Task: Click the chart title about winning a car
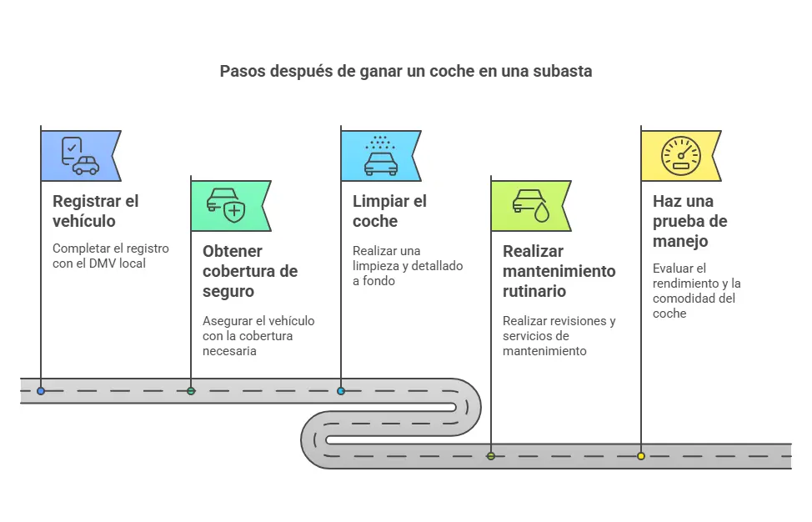[405, 71]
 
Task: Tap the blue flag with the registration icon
[80, 156]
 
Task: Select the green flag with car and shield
[229, 206]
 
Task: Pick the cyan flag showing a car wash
[380, 156]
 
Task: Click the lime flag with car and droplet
[530, 206]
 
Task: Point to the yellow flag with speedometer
[680, 156]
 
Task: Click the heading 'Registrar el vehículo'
[95, 211]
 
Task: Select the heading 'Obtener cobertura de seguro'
[250, 271]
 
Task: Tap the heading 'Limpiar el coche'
[389, 211]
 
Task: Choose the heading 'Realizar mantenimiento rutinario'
[559, 271]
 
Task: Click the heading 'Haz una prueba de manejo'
[689, 221]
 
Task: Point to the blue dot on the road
[41, 390]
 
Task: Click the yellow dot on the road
[641, 456]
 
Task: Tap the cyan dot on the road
[341, 390]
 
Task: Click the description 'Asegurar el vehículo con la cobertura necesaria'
[258, 335]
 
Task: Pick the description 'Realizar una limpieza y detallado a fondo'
[407, 265]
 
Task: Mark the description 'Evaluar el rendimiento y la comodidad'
[696, 290]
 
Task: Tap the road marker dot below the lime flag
[491, 456]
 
